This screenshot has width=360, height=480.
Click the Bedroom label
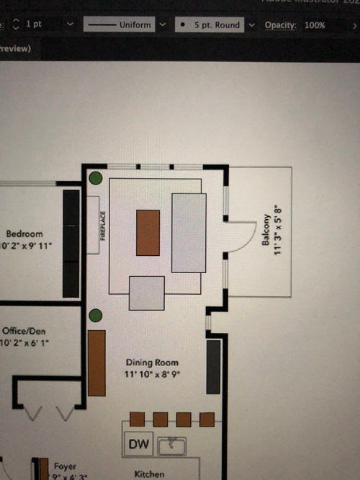[x=24, y=234]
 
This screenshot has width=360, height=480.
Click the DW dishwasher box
[x=139, y=445]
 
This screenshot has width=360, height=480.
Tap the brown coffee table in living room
[x=148, y=232]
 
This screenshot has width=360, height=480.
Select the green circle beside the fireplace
[x=95, y=178]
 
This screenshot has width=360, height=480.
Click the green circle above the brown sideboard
[x=94, y=316]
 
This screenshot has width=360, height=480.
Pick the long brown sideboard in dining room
[x=96, y=363]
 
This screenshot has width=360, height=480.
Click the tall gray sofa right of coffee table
[x=189, y=232]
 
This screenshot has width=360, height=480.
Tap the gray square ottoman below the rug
[x=147, y=293]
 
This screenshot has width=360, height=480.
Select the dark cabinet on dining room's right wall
[x=213, y=366]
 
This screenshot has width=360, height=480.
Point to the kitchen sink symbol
[x=172, y=447]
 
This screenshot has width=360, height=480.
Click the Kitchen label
[x=150, y=474]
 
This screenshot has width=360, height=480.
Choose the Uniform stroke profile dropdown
[x=126, y=25]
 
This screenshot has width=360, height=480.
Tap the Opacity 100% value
[x=315, y=25]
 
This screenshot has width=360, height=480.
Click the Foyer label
[x=65, y=466]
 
